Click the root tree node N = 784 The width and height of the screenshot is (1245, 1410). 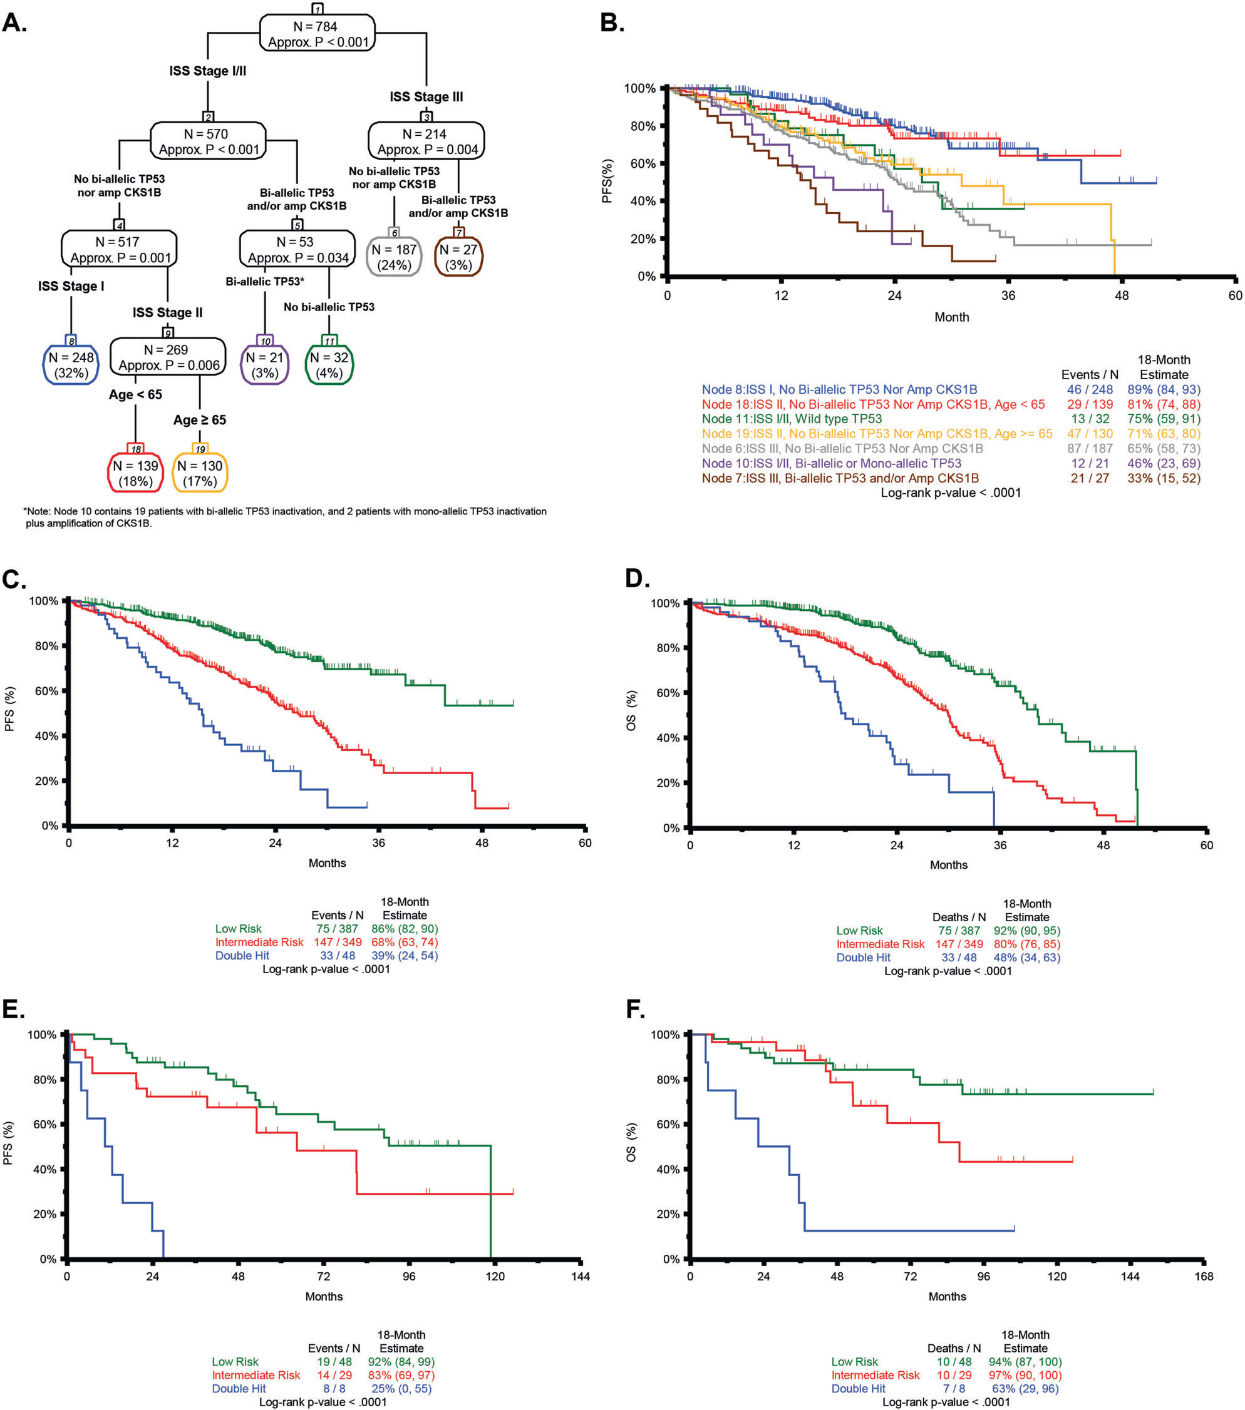317,33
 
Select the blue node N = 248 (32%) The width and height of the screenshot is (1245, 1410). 72,364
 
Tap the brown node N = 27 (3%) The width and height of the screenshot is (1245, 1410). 458,257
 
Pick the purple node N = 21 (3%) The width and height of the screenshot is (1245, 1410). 264,364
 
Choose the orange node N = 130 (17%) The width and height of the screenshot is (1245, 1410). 199,473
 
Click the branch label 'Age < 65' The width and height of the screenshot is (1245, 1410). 135,394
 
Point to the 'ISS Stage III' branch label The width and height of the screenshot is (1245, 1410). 426,96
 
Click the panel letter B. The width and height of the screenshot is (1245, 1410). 612,23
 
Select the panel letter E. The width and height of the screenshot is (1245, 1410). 13,1009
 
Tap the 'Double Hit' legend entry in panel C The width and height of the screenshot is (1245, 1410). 242,956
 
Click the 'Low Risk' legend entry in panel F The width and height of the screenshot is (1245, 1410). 854,1362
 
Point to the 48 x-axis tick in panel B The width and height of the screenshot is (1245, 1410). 1122,295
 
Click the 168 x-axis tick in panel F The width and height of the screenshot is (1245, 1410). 1204,1276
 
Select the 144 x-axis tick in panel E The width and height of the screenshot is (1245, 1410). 581,1276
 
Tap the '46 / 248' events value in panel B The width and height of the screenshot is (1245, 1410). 1090,390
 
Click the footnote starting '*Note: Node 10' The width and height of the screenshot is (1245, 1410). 285,518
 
